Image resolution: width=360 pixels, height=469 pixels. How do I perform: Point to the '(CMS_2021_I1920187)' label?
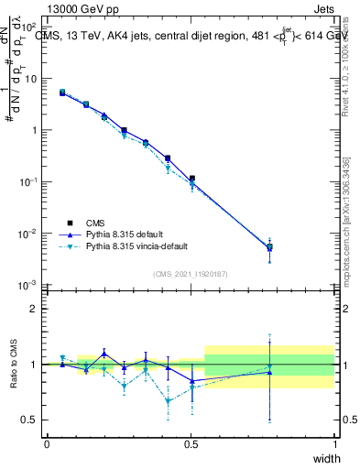(191, 274)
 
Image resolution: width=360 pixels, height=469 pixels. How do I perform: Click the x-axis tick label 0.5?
(191, 443)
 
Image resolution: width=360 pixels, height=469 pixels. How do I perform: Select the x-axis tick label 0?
(47, 443)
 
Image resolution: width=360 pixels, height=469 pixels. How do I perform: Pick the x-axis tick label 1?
(334, 443)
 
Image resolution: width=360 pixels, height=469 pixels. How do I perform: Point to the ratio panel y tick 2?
(34, 309)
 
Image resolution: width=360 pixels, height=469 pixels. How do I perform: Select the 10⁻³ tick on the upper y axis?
(29, 286)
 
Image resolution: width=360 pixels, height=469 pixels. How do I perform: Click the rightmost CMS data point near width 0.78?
(269, 246)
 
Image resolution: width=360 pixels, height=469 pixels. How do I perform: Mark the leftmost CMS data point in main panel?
(62, 93)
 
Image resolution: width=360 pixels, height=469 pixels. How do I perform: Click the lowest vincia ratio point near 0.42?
(168, 400)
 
